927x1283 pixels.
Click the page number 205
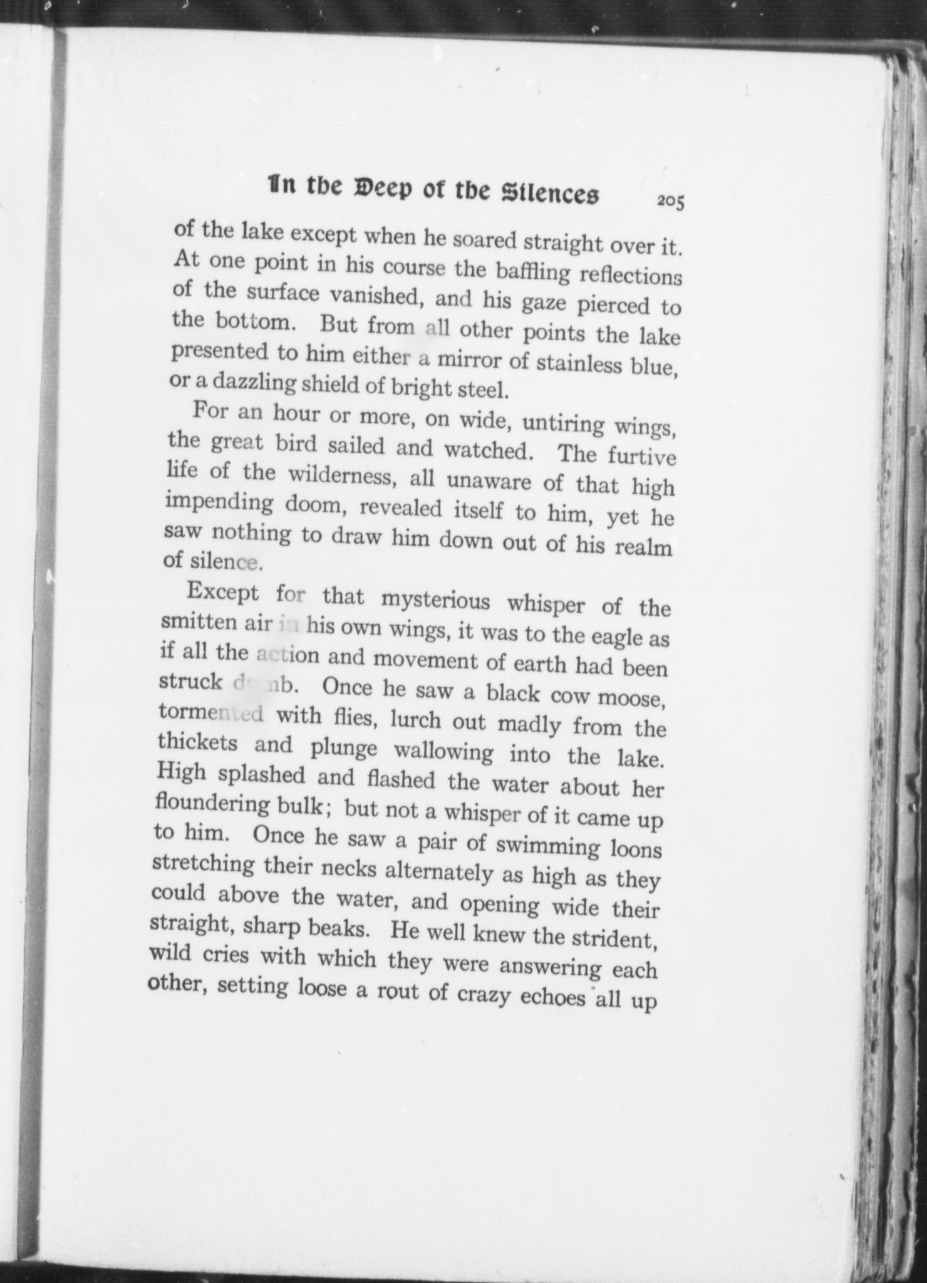click(x=670, y=202)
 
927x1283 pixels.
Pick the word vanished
click(x=372, y=296)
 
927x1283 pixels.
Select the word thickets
click(x=197, y=742)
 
